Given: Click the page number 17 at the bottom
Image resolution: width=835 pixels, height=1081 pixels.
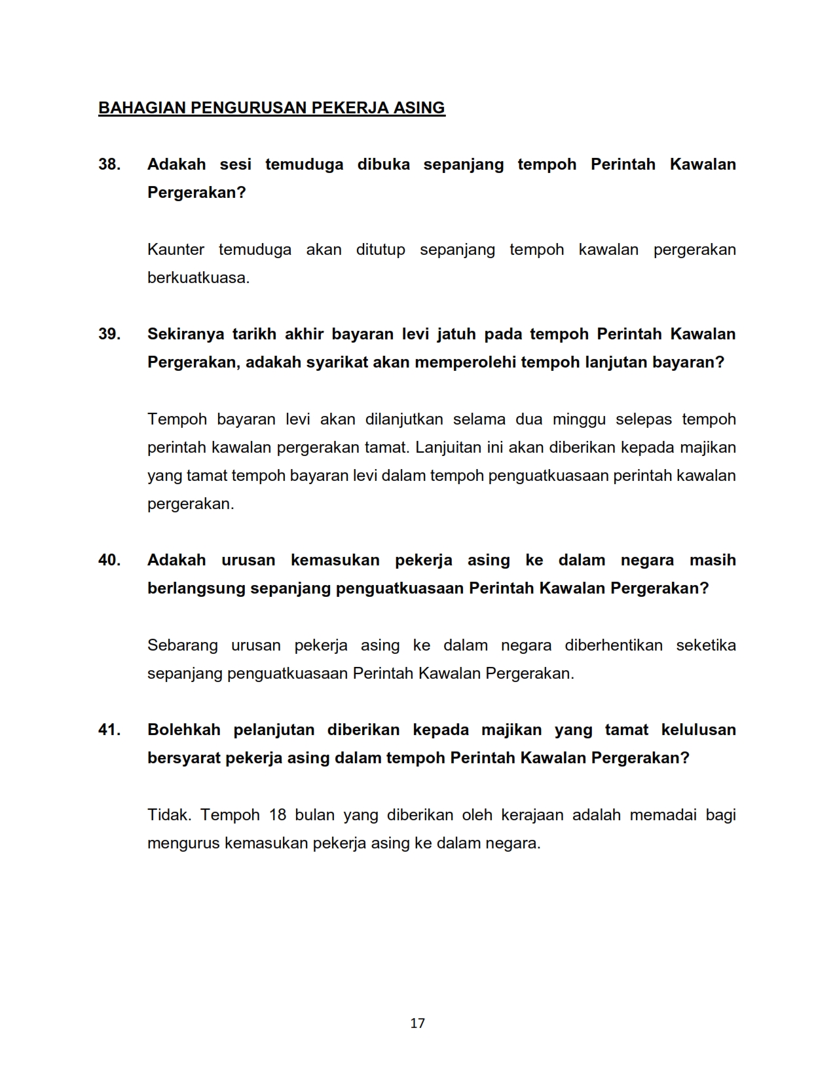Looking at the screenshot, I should tap(417, 1023).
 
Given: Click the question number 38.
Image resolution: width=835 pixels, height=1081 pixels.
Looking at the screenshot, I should tap(109, 164).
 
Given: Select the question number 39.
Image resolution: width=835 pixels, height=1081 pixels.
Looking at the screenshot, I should tap(109, 334).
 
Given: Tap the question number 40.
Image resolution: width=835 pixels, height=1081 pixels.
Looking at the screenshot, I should tap(109, 560).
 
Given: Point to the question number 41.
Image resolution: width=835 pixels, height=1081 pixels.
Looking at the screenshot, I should tap(109, 730).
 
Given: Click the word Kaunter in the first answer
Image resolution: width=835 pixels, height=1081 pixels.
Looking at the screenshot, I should tap(176, 250).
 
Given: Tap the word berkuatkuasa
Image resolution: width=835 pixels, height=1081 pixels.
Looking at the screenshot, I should tap(198, 278).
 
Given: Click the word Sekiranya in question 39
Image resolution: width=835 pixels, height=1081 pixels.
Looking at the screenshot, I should tap(185, 334).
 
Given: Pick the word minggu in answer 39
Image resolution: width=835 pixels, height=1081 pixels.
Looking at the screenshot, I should tap(579, 419).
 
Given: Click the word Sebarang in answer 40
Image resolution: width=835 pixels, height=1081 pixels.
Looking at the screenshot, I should tap(182, 645).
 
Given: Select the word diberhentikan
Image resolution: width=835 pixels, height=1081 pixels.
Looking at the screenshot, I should tap(614, 645).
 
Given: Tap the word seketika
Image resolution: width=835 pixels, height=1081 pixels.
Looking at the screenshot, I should tap(706, 645).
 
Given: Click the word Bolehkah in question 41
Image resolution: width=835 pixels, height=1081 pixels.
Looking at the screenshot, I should tap(183, 730).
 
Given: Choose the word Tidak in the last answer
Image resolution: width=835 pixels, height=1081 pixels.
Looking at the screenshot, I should tap(168, 815).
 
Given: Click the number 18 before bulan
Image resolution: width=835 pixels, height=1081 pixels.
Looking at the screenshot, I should tap(278, 815).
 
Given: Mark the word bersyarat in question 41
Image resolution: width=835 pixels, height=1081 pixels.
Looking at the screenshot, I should tap(183, 758).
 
